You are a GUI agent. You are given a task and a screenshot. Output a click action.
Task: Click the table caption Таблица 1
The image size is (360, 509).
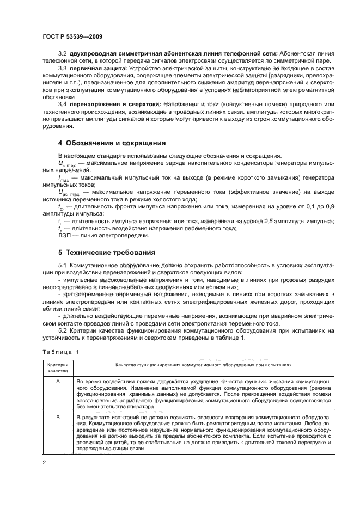pos(60,352)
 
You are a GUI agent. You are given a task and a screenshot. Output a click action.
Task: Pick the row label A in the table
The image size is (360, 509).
pos(58,382)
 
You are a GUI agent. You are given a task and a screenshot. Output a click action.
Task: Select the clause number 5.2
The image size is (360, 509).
pos(63,330)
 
